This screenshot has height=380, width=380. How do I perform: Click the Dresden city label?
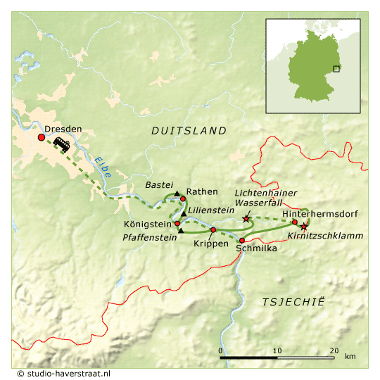coord(63,129)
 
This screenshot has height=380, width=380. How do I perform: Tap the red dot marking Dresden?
coord(41,138)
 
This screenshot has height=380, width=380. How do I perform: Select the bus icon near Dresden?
coord(61,144)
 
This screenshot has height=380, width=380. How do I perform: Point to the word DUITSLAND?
coord(189,131)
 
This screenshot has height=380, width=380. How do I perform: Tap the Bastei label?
coord(158,184)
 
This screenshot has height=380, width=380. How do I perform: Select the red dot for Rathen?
coord(183,198)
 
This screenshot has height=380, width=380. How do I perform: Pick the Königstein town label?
coord(148,224)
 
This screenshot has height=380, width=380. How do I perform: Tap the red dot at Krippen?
coord(213,229)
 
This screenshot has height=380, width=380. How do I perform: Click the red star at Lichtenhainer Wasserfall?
coord(246,220)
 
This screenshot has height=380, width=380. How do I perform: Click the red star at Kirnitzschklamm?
coord(304,227)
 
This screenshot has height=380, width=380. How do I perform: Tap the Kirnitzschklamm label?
coord(326,236)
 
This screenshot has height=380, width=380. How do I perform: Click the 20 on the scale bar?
coord(334,350)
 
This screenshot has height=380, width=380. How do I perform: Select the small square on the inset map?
coord(336,68)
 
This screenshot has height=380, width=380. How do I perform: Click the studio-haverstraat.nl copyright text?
coord(63,374)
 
